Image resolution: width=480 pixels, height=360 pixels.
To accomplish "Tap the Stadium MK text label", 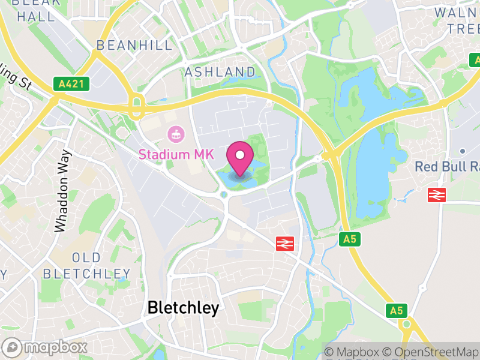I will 176,154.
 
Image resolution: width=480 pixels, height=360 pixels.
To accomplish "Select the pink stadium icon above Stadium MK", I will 176,133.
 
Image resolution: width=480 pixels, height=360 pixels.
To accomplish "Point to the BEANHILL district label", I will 126,46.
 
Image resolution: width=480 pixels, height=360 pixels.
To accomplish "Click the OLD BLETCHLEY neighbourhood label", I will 82,266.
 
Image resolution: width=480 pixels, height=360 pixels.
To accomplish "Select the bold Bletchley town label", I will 184,308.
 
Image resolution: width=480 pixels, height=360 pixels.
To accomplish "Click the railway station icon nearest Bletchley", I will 283,243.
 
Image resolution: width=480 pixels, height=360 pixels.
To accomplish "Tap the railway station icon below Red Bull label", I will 436,194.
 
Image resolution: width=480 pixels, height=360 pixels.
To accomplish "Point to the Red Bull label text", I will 447,166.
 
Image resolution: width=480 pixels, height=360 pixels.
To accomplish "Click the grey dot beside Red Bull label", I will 463,151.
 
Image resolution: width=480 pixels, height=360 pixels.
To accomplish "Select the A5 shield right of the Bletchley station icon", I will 349,239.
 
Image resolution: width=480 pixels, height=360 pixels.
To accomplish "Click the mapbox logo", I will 47,347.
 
